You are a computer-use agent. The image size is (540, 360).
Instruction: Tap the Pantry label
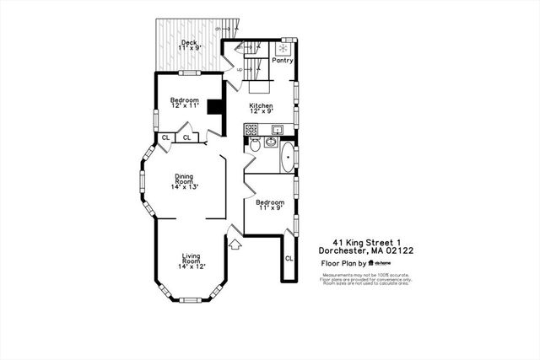(x=282, y=60)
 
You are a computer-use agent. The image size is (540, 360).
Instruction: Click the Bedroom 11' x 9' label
(x=270, y=206)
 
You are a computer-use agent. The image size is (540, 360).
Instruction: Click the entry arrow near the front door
(x=236, y=244)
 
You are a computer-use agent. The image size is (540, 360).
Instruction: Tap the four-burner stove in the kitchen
(x=251, y=130)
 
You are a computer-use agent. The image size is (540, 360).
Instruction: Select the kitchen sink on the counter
(x=275, y=129)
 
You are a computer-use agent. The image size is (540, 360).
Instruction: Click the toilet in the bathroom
(x=254, y=145)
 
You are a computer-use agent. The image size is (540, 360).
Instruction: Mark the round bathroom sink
(x=270, y=142)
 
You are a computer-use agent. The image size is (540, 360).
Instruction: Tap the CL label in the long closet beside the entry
(x=289, y=257)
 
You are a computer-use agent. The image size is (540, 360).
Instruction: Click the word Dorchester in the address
(x=346, y=250)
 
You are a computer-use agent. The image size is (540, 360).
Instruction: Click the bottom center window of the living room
(x=190, y=299)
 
